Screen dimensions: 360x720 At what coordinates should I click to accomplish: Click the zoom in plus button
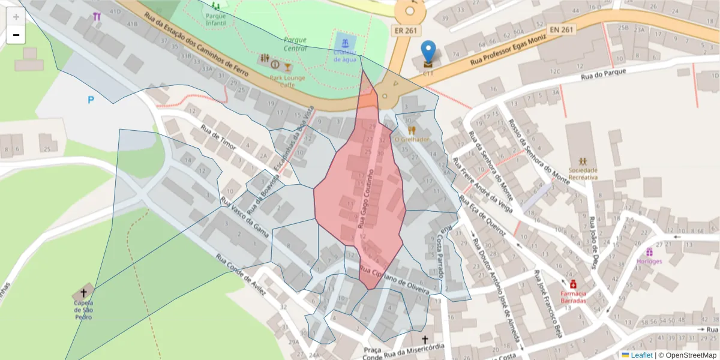[16, 17]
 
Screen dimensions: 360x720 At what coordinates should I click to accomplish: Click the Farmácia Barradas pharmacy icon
[573, 283]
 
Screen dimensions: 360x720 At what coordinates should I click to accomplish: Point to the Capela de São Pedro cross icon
[83, 293]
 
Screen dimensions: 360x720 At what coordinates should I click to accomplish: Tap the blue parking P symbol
[91, 100]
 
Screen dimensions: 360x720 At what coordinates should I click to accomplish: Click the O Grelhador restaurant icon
[412, 130]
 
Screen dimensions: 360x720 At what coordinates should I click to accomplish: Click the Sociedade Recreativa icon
[583, 161]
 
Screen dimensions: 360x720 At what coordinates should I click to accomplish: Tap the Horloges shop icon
[649, 252]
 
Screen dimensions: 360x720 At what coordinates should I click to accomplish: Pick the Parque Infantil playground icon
[215, 6]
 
